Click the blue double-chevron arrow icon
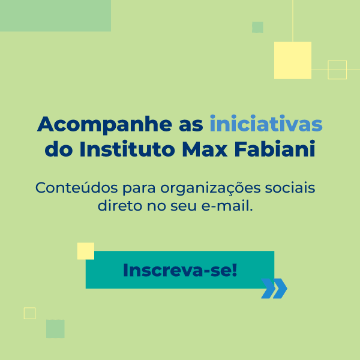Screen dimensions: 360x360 coord(274,289)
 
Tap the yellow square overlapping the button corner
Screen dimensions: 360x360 coord(86,251)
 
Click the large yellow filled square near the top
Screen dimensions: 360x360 coord(293,61)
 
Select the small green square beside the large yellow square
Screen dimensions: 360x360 coord(257,28)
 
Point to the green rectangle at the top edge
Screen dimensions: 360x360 coord(55,16)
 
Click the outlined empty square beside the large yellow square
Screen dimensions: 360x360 coord(337,70)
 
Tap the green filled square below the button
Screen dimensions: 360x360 coord(55,328)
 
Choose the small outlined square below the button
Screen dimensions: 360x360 coord(29,313)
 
